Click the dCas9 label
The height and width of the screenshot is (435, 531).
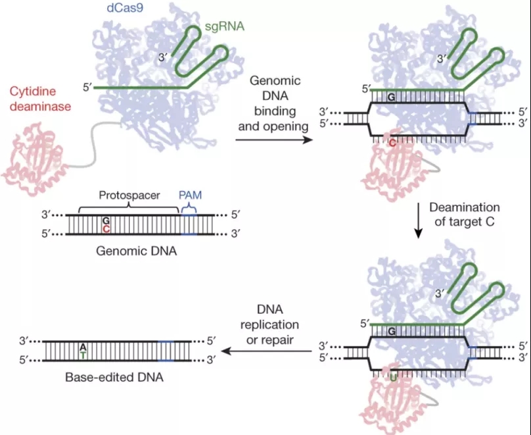[125, 7]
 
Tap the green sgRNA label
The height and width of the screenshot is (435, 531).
[225, 26]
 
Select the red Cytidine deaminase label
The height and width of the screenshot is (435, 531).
[40, 99]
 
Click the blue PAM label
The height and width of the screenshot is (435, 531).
[190, 195]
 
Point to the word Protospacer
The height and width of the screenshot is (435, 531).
[129, 195]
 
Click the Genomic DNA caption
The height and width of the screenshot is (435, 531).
[137, 251]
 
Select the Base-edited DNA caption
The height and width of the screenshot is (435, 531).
[114, 377]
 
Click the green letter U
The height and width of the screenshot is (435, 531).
[393, 376]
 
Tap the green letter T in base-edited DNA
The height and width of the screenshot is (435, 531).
[83, 355]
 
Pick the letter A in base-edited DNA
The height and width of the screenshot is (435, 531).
[83, 347]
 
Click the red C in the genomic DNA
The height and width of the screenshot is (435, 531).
[106, 229]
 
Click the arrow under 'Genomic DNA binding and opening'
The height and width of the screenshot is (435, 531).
[274, 140]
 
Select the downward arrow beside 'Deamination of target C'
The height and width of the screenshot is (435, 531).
[419, 220]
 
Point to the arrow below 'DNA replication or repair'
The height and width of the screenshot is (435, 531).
[267, 351]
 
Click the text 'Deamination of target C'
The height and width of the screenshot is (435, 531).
[465, 215]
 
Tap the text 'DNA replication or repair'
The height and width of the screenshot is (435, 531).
[270, 324]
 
